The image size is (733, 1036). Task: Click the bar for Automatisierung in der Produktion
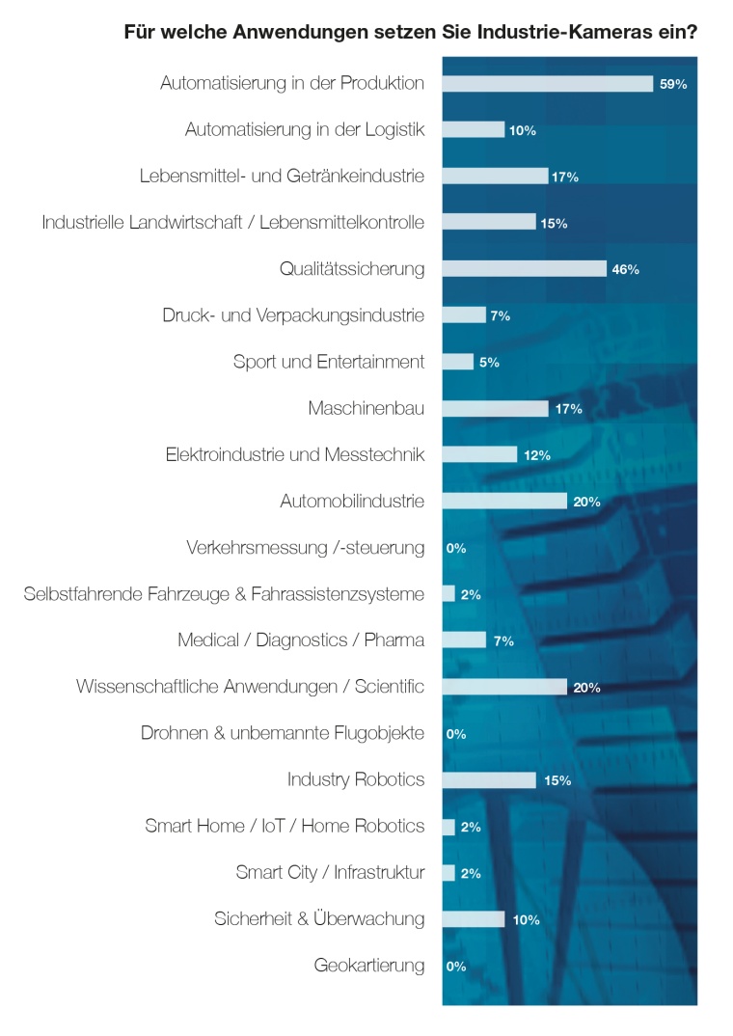pos(547,84)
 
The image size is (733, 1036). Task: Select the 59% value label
pos(672,85)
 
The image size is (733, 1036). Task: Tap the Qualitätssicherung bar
pos(524,269)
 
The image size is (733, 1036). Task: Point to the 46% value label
pos(625,270)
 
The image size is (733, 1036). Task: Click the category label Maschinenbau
pos(366,409)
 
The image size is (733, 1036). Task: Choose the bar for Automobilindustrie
pos(504,501)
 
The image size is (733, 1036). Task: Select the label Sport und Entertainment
pos(328,363)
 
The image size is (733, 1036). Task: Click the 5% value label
pos(489,363)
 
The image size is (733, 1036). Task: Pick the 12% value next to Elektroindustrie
pos(537,455)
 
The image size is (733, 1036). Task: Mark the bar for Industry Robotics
pos(489,779)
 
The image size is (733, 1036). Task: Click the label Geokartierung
pos(368,965)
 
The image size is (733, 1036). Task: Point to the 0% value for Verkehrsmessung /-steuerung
pos(456,549)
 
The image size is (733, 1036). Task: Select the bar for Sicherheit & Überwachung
pos(474,919)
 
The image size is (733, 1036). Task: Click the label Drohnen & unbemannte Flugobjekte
pos(282,733)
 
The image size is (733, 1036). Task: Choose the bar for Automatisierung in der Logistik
pos(474,129)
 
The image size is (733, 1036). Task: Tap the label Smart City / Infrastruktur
pos(330,873)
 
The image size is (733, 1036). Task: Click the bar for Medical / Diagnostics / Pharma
pos(464,641)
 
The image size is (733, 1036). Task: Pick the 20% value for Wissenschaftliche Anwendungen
pos(586,688)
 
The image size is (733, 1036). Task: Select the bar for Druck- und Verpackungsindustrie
pos(464,315)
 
